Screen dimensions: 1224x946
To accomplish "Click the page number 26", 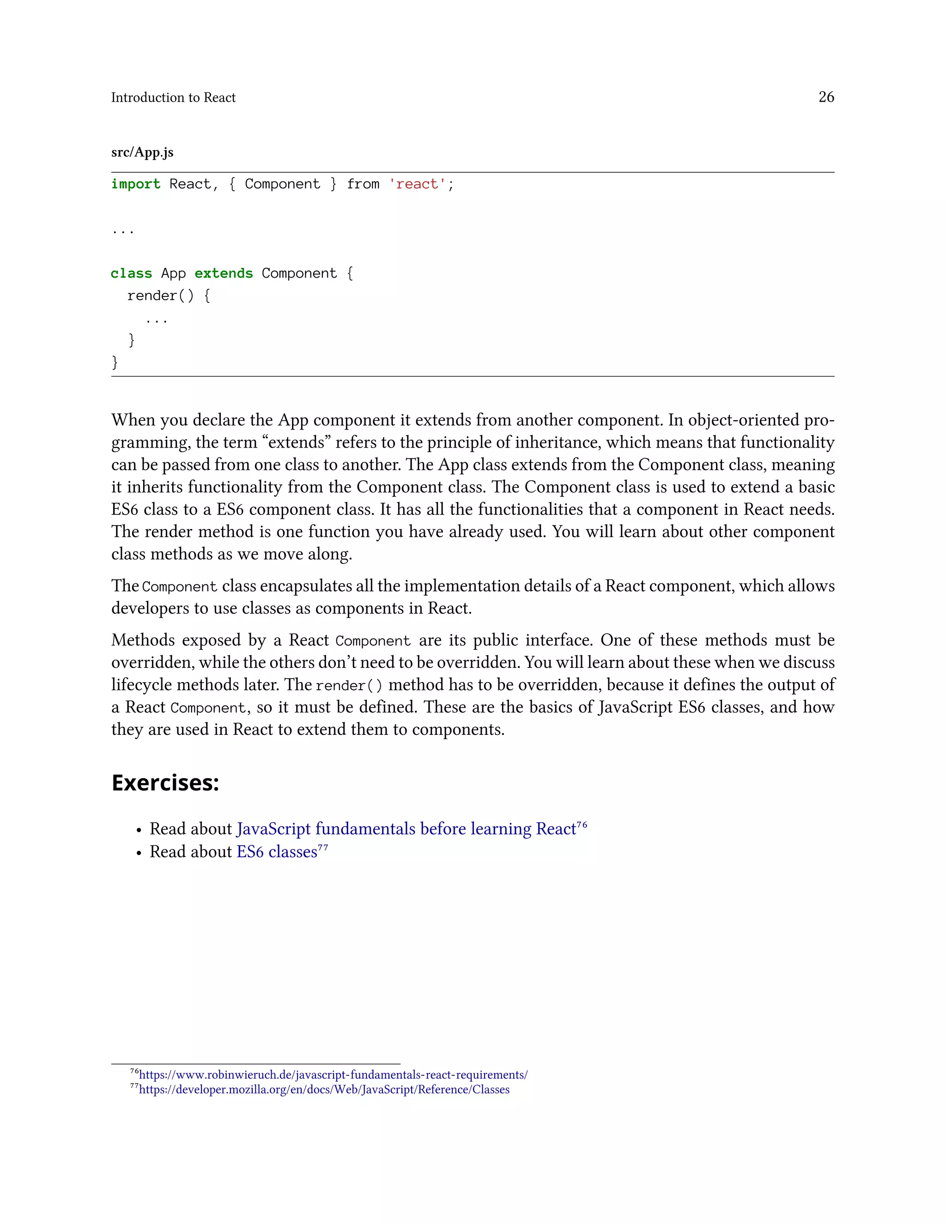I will (825, 97).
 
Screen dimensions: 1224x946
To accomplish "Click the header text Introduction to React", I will (173, 97).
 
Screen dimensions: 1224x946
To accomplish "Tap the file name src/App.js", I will (142, 152).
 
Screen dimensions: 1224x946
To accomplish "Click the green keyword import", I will (136, 184).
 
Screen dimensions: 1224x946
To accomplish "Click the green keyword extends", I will (224, 273).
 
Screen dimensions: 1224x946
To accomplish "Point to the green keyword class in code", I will (131, 273).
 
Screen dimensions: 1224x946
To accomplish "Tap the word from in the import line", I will (363, 184).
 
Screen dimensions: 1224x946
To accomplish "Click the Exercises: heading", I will (165, 782).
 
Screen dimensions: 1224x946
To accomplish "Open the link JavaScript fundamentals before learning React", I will (406, 829).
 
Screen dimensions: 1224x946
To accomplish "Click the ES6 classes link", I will (277, 852).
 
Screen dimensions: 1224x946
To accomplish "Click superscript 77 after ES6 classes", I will (323, 848).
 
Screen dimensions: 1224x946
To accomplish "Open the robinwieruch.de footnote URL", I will (333, 1075).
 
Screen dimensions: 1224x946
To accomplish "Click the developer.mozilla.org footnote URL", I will (324, 1090).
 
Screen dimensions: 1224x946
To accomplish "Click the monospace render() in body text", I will (349, 685).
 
